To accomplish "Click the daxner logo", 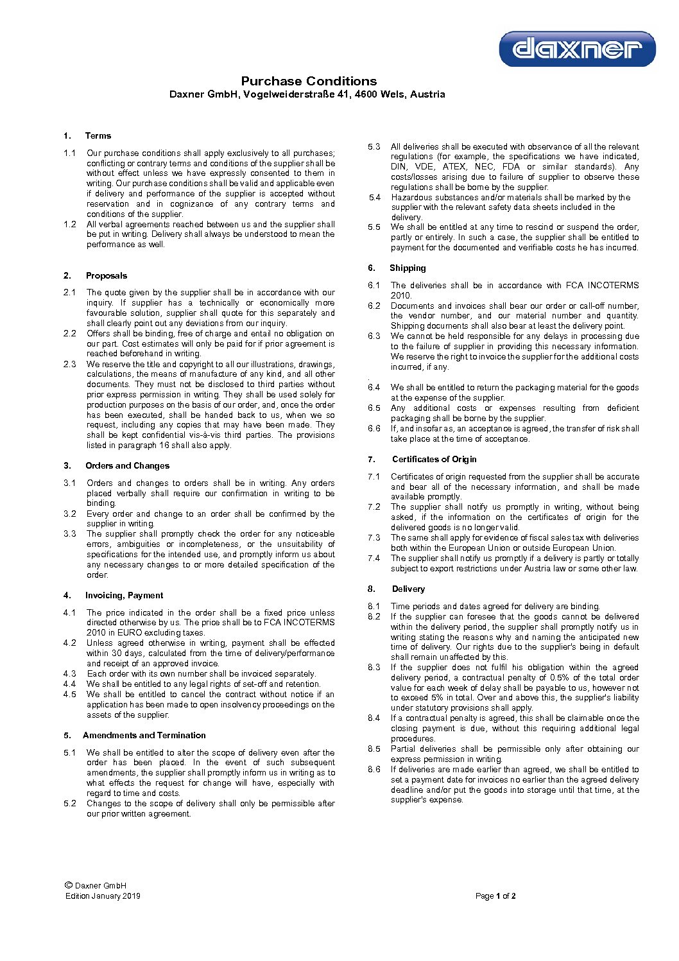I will [577, 49].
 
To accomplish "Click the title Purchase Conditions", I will [309, 81].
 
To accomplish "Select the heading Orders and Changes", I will [127, 465].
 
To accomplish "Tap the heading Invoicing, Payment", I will [124, 595].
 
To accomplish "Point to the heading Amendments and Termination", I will [144, 735].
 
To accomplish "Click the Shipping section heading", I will [408, 268].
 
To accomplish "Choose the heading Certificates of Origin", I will [434, 459].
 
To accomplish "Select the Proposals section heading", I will [107, 275].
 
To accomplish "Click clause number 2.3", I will [69, 364].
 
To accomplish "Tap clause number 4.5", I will [69, 694].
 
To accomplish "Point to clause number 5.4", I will [374, 197].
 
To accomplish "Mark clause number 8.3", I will [374, 667].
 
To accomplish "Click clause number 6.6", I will [374, 428].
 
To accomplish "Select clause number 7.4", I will [374, 558].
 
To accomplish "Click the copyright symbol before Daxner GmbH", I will [69, 885].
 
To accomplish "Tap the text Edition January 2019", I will [103, 896].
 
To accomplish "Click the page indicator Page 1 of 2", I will [495, 896].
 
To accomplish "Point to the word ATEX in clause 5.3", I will [454, 166].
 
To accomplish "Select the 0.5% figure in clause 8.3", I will [560, 677].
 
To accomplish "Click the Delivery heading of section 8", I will [408, 589].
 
